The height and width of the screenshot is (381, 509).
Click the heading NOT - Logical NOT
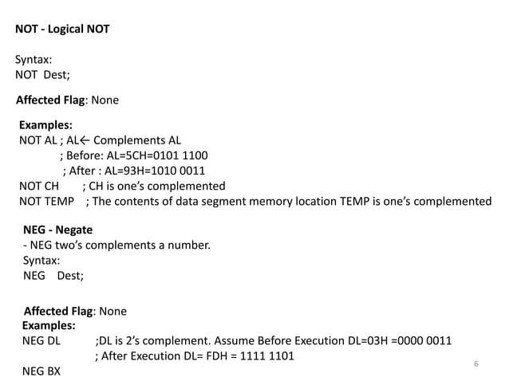point(62,29)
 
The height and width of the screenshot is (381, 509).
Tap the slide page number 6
point(475,363)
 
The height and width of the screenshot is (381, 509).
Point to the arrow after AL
point(85,141)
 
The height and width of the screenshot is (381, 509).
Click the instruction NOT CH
point(39,187)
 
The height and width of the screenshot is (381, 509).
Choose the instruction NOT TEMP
point(47,202)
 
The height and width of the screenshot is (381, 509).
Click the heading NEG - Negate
point(57,230)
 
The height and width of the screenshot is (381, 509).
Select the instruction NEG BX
point(41,371)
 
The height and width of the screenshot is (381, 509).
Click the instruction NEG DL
point(41,341)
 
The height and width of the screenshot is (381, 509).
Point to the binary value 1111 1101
point(266,356)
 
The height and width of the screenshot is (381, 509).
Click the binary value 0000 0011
point(424,341)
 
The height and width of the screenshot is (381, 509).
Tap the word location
point(316,202)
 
